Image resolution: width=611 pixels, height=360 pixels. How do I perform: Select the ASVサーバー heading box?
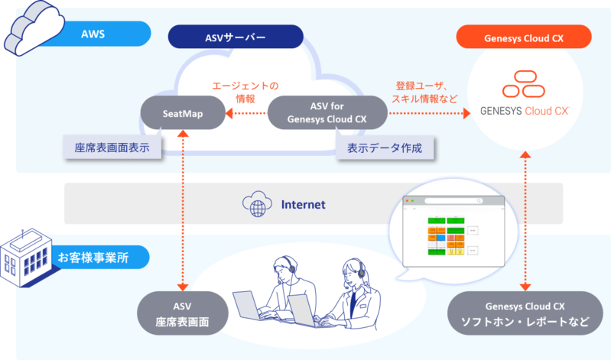pyautogui.click(x=236, y=36)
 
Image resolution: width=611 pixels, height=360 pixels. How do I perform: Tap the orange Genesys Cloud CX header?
pyautogui.click(x=523, y=36)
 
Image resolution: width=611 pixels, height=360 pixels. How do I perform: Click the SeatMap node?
pyautogui.click(x=182, y=113)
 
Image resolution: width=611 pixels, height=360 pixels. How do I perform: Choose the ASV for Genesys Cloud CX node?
pyautogui.click(x=327, y=112)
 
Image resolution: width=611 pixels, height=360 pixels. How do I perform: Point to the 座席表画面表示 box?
pyautogui.click(x=112, y=148)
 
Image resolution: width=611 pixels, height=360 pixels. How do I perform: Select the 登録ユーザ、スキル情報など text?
pyautogui.click(x=426, y=92)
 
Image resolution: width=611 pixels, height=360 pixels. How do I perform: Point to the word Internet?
pyautogui.click(x=303, y=204)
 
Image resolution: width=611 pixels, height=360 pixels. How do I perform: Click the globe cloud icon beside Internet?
pyautogui.click(x=257, y=204)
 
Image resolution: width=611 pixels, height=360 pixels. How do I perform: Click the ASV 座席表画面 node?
pyautogui.click(x=182, y=313)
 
